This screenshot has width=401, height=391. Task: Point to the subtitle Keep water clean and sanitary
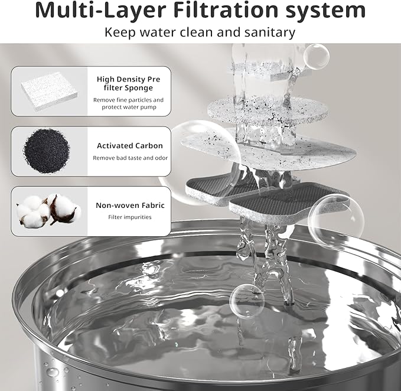click(x=200, y=32)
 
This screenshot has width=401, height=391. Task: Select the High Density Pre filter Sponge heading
click(x=128, y=83)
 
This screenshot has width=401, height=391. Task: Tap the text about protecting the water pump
click(x=128, y=104)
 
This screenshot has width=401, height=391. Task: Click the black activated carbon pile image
click(x=47, y=149)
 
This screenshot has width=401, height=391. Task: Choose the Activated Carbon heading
click(x=129, y=145)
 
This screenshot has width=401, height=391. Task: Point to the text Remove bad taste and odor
click(x=129, y=158)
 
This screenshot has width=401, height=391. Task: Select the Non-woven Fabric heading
click(x=129, y=206)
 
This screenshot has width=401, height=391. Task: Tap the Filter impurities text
click(x=129, y=217)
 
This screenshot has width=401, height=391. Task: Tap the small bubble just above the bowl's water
click(x=247, y=301)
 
